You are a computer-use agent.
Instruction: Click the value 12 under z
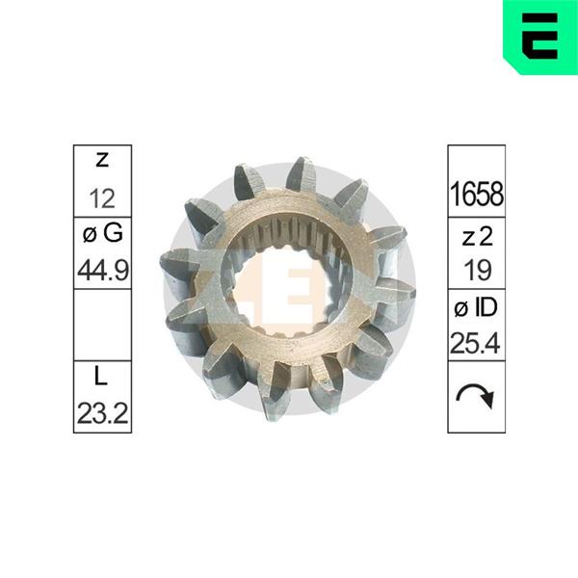(102, 198)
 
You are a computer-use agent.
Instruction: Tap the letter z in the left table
(102, 160)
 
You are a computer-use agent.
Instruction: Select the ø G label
(103, 234)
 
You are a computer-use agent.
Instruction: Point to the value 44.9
(103, 270)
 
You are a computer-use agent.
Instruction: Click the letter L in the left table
(100, 377)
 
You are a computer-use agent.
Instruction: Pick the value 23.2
(103, 413)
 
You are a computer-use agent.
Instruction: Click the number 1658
(477, 195)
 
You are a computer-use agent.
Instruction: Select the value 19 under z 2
(478, 270)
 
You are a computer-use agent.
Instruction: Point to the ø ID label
(476, 308)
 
